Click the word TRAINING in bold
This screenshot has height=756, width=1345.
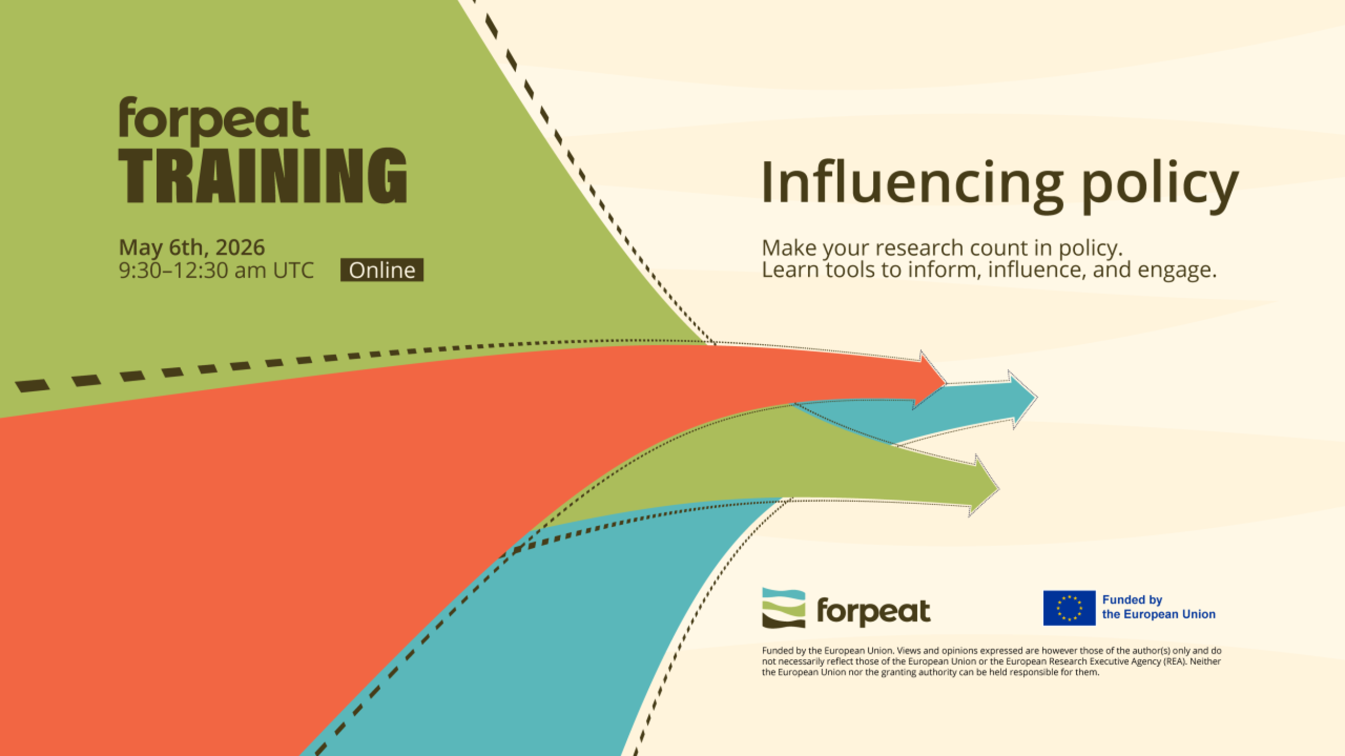point(263,175)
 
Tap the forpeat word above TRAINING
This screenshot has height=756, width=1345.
point(214,120)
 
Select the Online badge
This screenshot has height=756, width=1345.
point(382,270)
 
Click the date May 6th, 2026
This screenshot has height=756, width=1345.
point(192,247)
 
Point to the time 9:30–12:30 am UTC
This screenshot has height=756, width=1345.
point(216,270)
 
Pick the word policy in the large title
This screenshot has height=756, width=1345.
point(1160,186)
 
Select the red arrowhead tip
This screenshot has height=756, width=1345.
point(946,383)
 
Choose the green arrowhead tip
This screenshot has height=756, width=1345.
point(999,489)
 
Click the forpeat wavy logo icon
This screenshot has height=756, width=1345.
point(784,608)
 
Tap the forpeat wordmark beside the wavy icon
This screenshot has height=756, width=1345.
point(874,611)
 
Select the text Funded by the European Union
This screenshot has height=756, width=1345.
point(1159,607)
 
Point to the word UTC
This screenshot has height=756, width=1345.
point(293,270)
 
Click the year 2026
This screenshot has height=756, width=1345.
point(240,247)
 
